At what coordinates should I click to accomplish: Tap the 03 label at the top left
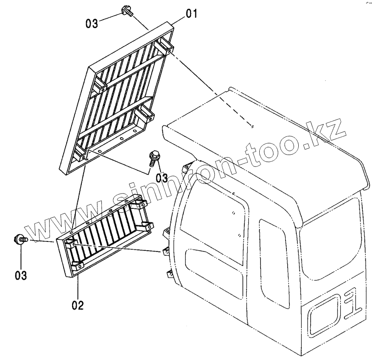tap(92, 23)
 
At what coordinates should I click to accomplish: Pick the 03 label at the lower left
tap(21, 275)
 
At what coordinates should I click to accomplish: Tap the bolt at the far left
tap(21, 239)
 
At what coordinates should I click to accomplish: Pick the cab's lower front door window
tap(214, 273)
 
